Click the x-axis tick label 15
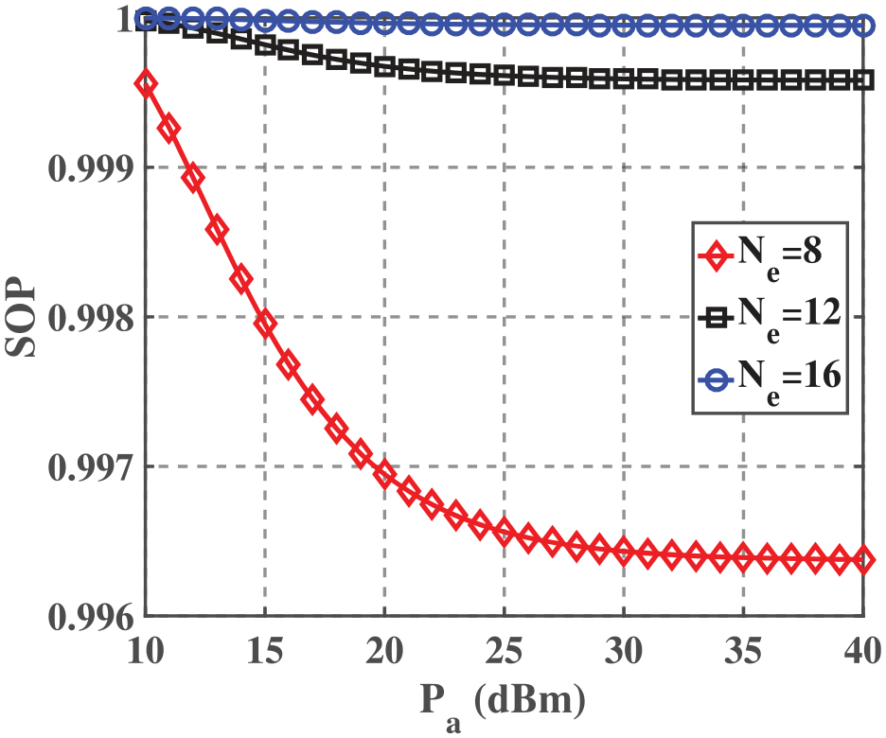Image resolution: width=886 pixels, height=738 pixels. coord(265,653)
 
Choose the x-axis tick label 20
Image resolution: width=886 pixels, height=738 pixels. coord(384,653)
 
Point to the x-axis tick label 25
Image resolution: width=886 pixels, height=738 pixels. coord(504,653)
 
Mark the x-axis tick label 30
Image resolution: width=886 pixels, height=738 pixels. coord(624,653)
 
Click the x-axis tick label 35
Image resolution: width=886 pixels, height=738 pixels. coord(743,653)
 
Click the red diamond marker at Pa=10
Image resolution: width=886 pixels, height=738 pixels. coord(146,84)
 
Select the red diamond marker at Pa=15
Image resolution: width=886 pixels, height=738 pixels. coord(265,325)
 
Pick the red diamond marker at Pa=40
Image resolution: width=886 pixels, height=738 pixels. coord(863,560)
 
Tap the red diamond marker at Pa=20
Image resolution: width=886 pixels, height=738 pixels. coord(384,473)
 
